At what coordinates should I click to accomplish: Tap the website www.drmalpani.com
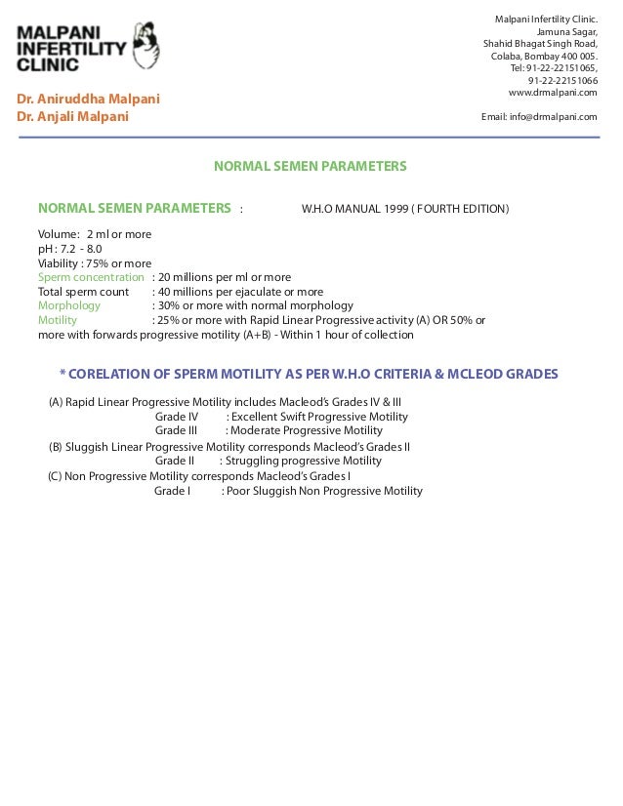click(553, 92)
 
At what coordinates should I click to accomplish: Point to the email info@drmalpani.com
click(539, 116)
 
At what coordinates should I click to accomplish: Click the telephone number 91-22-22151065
click(554, 67)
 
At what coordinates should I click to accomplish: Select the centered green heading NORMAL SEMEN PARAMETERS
click(310, 166)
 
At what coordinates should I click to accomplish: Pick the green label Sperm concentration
click(91, 277)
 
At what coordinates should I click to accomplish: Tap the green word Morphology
click(68, 305)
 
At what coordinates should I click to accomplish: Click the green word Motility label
click(58, 320)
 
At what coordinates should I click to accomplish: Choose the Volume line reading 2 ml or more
click(94, 234)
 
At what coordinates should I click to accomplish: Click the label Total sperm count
click(83, 292)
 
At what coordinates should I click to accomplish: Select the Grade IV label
click(177, 417)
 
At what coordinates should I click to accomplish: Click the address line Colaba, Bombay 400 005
click(544, 56)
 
